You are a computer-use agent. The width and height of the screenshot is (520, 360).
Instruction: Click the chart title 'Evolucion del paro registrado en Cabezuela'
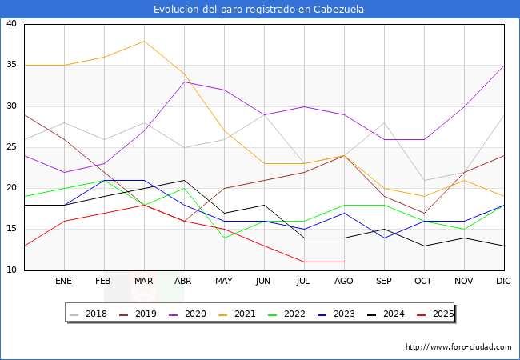(x=260, y=10)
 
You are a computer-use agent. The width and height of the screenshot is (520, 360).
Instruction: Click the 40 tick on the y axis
(x=11, y=24)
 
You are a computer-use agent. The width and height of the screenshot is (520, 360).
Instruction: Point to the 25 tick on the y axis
(x=11, y=147)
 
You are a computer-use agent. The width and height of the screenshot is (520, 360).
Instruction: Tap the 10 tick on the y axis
(x=11, y=270)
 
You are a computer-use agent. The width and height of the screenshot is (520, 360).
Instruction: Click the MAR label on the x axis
(x=144, y=282)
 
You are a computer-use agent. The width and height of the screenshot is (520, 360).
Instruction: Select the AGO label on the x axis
(x=344, y=282)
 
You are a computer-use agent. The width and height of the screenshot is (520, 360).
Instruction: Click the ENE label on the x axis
(x=64, y=282)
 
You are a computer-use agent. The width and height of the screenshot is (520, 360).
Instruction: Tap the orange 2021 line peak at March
(x=144, y=41)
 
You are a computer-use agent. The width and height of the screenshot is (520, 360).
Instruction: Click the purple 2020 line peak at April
(x=184, y=82)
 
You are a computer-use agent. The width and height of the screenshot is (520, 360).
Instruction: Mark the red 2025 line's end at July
(x=304, y=262)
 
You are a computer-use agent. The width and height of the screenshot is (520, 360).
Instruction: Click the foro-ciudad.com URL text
(x=458, y=347)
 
